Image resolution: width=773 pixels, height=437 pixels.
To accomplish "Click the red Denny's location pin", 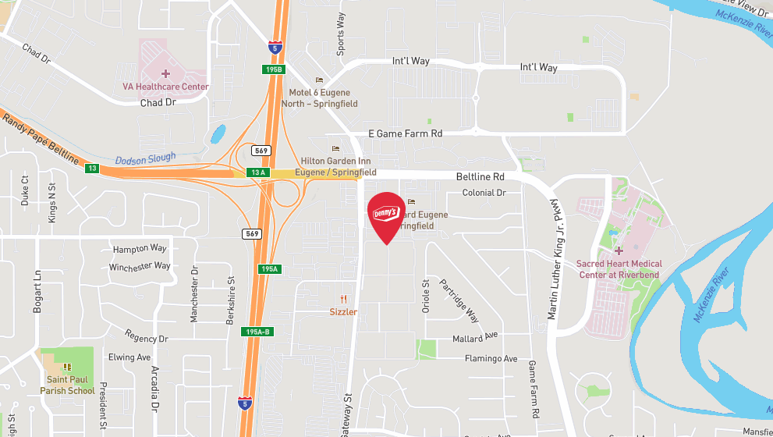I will pos(386,215).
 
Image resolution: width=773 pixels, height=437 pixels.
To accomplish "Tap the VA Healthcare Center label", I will pos(165,87).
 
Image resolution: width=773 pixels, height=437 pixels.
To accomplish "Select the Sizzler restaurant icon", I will pos(343,300).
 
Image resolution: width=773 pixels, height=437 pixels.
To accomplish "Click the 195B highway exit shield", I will pos(272,69).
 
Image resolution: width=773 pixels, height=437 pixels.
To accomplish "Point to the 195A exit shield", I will pos(269,268).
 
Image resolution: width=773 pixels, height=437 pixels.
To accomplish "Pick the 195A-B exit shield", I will pos(257,332).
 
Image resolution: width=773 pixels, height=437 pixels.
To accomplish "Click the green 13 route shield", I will pos(92,168).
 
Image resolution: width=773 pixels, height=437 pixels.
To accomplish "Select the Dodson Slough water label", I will pos(146,159).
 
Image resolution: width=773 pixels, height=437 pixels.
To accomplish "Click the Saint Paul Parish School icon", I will pos(67,367).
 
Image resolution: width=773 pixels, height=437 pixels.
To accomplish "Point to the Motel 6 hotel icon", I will pos(318,80).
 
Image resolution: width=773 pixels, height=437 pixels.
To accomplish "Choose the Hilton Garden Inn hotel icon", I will pos(336,148).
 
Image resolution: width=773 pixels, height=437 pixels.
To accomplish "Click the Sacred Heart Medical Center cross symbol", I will pos(619,251).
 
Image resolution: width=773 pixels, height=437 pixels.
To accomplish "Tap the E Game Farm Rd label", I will pos(406,134).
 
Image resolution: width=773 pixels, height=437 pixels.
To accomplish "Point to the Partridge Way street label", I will pos(459,300).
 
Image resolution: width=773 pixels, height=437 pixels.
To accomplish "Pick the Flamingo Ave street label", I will pos(491,359).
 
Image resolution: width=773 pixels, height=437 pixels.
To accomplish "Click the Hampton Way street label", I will pos(140,248).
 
